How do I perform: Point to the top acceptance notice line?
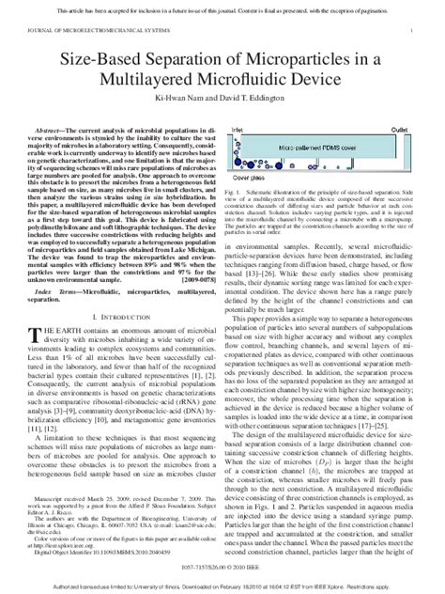222,8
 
